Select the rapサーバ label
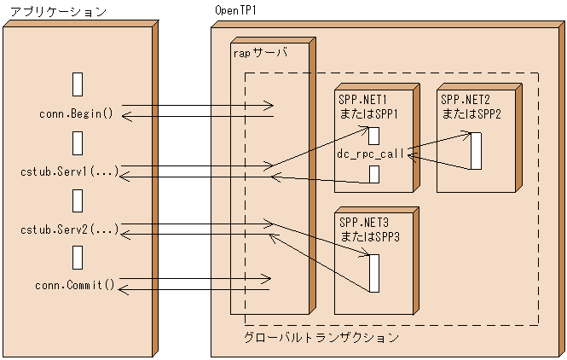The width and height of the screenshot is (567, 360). [259, 52]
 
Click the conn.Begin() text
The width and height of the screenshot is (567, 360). [76, 113]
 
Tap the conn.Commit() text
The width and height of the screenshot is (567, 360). [75, 284]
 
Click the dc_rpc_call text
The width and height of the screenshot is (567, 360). [372, 154]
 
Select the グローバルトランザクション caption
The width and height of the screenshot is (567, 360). [321, 338]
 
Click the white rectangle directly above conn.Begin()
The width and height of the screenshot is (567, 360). [78, 84]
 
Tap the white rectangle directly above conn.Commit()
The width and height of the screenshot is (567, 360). [78, 257]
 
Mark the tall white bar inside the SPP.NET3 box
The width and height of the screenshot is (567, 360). [373, 272]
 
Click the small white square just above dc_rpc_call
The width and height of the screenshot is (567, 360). [373, 136]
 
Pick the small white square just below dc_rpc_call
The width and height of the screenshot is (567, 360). [373, 174]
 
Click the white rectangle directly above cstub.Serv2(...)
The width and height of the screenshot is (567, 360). [78, 200]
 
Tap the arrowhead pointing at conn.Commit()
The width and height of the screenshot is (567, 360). [122, 291]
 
